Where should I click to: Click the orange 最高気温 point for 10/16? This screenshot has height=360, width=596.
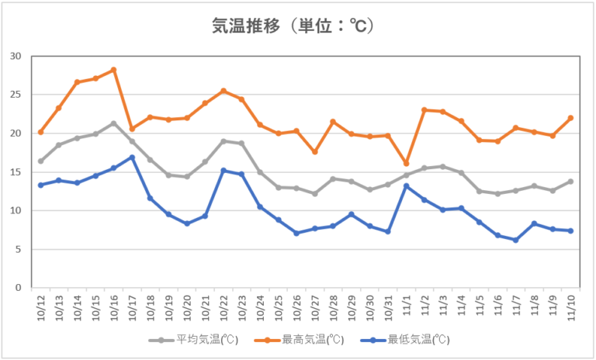113,70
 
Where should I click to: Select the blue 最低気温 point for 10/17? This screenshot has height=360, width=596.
132,157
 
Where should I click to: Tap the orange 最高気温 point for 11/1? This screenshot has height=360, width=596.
406,163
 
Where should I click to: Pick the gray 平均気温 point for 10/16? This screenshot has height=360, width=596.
113,123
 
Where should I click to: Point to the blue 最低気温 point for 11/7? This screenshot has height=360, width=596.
515,240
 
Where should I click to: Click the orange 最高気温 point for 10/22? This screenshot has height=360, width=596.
223,91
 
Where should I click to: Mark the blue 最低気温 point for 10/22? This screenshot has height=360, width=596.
223,171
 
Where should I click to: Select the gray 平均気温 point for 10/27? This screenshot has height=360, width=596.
314,193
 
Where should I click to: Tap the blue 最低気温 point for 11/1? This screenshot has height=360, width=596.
406,185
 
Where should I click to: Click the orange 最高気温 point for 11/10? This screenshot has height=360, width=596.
570,118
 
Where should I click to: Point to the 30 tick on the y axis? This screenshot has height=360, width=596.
16,56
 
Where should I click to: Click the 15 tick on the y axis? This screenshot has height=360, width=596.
16,171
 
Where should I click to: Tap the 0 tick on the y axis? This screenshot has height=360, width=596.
19,288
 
